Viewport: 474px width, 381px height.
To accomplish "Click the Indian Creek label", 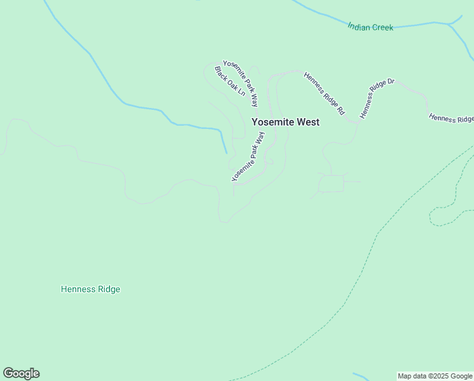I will [370, 27].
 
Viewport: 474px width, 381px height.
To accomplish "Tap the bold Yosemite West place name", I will [285, 122].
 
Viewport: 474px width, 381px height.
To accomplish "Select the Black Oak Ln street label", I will [229, 81].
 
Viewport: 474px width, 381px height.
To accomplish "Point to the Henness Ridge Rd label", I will [324, 93].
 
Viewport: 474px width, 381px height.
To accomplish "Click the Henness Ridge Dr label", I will [376, 99].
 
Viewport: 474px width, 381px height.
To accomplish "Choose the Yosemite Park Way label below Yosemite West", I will [248, 157].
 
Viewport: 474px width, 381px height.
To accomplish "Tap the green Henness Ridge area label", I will [90, 290].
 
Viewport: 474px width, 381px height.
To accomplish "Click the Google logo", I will [21, 373].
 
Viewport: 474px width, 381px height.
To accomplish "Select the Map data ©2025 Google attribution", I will [435, 376].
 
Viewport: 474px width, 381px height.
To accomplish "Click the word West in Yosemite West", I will [305, 122].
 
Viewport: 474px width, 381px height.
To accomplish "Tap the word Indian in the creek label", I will [358, 26].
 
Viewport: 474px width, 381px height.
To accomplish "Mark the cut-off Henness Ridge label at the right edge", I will [451, 118].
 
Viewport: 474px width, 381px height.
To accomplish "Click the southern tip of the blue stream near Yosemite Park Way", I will [226, 152].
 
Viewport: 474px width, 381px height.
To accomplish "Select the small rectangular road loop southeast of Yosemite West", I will [331, 184].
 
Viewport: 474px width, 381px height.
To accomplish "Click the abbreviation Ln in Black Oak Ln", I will [240, 91].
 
